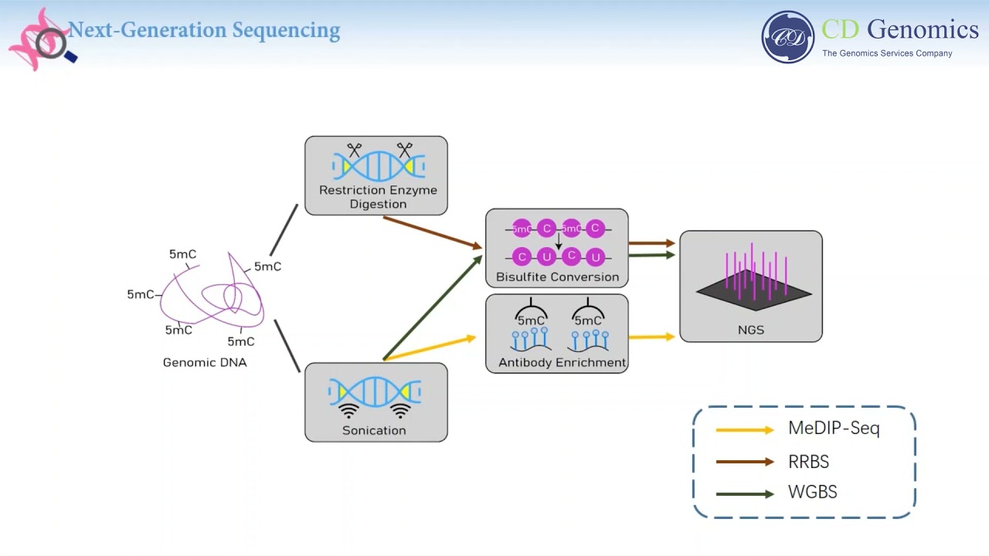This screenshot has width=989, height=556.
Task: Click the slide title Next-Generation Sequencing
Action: click(x=204, y=31)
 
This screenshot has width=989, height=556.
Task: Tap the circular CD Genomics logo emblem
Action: click(x=787, y=37)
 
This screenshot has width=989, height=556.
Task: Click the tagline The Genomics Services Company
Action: click(x=887, y=53)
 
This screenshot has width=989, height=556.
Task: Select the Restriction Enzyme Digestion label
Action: click(x=378, y=197)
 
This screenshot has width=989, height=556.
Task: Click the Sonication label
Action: click(x=374, y=430)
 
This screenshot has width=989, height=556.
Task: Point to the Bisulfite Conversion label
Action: click(x=557, y=276)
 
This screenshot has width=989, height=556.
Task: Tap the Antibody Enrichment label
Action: click(x=562, y=362)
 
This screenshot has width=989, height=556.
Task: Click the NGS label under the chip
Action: click(x=750, y=330)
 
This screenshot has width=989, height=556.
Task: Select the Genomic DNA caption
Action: click(x=205, y=362)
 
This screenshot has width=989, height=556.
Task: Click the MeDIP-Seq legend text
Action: click(x=834, y=428)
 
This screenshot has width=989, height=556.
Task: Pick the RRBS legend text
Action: click(x=808, y=462)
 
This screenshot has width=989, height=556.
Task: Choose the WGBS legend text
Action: click(x=812, y=492)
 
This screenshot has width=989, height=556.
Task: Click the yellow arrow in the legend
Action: click(x=744, y=430)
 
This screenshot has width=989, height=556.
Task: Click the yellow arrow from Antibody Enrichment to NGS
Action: click(x=651, y=337)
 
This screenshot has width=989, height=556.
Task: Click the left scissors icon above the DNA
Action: click(x=355, y=150)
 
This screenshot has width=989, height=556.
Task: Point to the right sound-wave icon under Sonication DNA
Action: click(x=400, y=410)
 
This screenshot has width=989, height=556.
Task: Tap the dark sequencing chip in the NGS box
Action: click(x=753, y=293)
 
